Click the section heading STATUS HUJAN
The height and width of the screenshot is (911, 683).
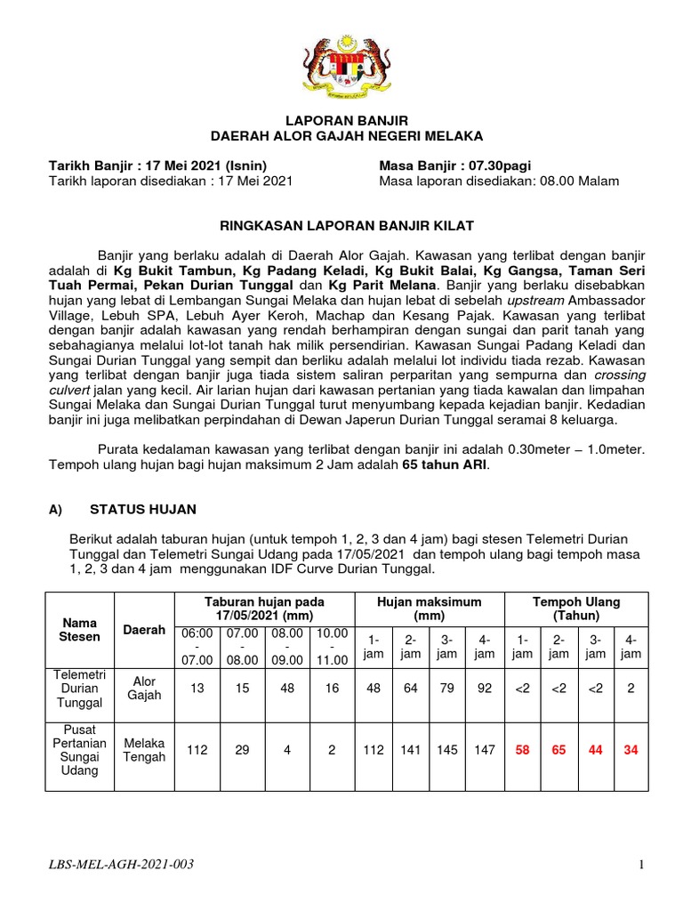[142, 509]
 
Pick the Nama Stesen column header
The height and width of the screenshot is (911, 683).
[79, 629]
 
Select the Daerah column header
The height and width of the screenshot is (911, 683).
[144, 629]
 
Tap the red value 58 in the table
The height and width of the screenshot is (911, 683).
[522, 750]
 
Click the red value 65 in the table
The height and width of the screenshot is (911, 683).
[558, 750]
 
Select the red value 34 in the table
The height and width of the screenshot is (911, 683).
[631, 750]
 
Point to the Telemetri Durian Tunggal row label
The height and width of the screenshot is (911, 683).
[79, 689]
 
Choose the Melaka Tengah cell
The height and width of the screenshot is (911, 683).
[144, 750]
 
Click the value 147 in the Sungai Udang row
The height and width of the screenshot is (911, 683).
[484, 750]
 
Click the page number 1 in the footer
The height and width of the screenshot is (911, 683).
[640, 864]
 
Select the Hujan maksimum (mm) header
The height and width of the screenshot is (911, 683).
[429, 609]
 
